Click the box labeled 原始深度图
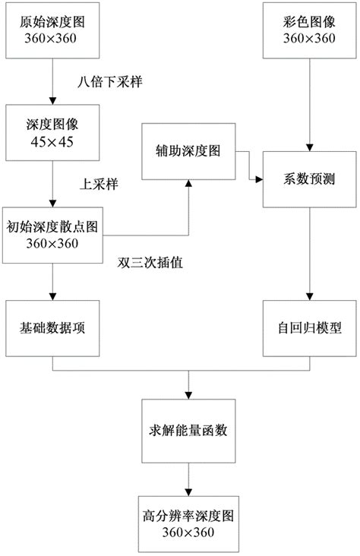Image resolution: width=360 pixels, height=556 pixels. pos(52,31)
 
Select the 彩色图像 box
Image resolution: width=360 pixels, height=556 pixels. pos(308,31)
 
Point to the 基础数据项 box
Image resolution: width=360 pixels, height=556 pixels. pos(52,329)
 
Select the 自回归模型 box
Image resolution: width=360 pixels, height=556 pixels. pos(308,329)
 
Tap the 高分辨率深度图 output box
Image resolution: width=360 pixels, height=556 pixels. pos(188,523)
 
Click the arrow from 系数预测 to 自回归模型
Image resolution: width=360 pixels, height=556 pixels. pos(308,254)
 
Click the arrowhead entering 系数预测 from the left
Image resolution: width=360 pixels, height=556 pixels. pos(259,180)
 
